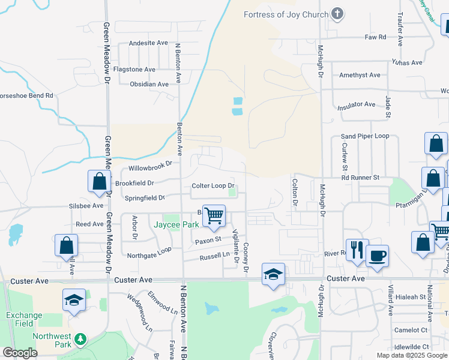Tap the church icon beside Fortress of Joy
click(x=337, y=14)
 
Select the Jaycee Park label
click(x=176, y=224)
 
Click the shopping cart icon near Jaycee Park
click(x=214, y=215)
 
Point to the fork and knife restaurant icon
click(x=357, y=250)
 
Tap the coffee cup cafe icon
click(x=377, y=256)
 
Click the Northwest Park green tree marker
click(x=80, y=341)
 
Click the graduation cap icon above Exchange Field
click(x=74, y=299)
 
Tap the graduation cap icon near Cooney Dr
click(x=273, y=274)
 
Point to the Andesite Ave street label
click(x=149, y=43)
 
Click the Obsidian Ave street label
click(x=149, y=85)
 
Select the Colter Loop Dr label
click(x=213, y=186)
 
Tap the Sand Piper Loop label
click(x=365, y=137)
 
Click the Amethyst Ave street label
click(x=360, y=75)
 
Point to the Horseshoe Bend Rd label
click(x=27, y=95)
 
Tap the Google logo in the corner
click(x=20, y=353)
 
